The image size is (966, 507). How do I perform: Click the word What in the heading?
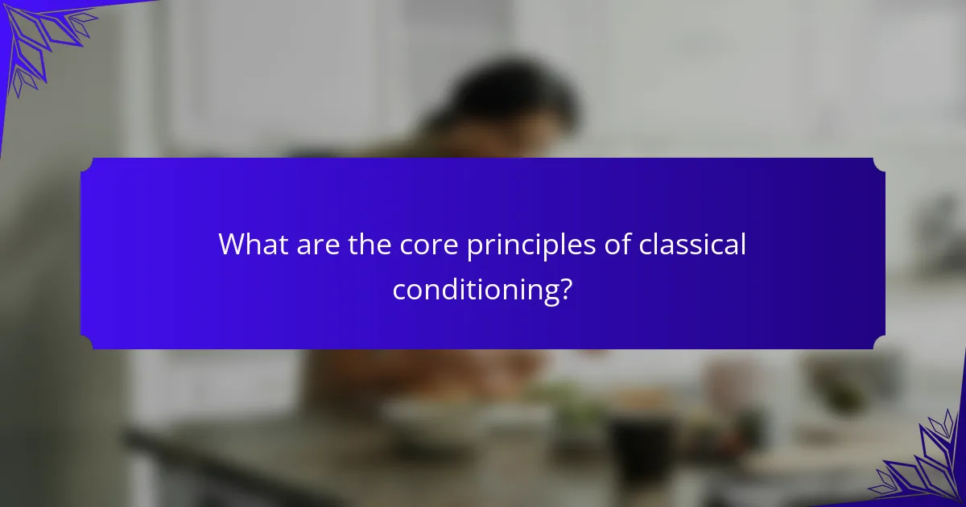tap(254, 245)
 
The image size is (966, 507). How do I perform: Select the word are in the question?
tap(318, 246)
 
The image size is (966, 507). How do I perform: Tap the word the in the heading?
tap(369, 245)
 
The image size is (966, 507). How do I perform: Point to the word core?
tap(428, 246)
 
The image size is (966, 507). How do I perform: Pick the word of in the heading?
tap(617, 245)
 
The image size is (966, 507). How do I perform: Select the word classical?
tap(692, 245)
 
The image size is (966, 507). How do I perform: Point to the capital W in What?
tap(235, 245)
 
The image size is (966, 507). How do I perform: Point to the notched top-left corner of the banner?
tap(87, 165)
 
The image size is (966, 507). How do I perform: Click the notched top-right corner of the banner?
tap(879, 165)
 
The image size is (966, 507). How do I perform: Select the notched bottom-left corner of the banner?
tap(87, 342)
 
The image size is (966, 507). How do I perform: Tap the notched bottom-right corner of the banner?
tap(879, 342)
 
